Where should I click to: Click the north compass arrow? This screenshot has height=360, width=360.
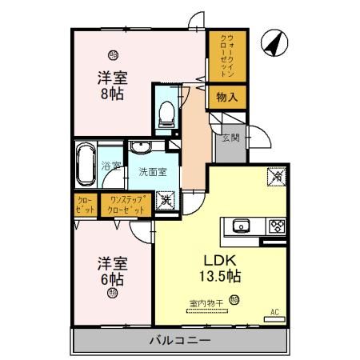pyautogui.click(x=274, y=43)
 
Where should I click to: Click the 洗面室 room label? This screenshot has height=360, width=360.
pyautogui.click(x=152, y=170)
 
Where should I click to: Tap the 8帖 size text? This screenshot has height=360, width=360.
pyautogui.click(x=113, y=94)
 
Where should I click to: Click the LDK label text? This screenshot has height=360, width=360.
pyautogui.click(x=213, y=261)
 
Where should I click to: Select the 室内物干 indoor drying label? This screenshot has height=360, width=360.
pyautogui.click(x=206, y=302)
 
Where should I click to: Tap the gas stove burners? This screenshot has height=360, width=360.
pyautogui.click(x=276, y=225)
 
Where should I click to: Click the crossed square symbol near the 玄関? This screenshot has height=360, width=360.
pyautogui.click(x=275, y=174)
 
